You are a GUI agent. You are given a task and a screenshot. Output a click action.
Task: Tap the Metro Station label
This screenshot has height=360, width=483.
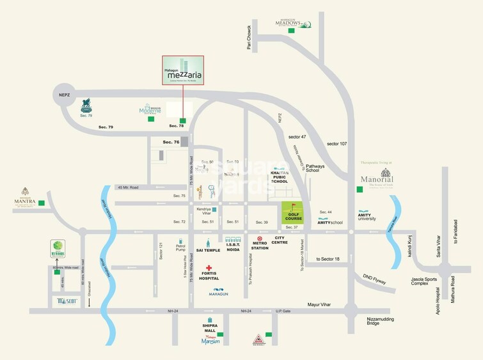(x=259, y=245)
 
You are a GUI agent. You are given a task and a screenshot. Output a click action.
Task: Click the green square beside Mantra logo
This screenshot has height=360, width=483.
(x=42, y=203)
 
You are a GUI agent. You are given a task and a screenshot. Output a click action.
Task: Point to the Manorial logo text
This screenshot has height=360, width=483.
(x=372, y=180)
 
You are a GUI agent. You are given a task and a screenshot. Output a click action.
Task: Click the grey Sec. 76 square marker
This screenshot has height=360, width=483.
(x=184, y=141)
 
